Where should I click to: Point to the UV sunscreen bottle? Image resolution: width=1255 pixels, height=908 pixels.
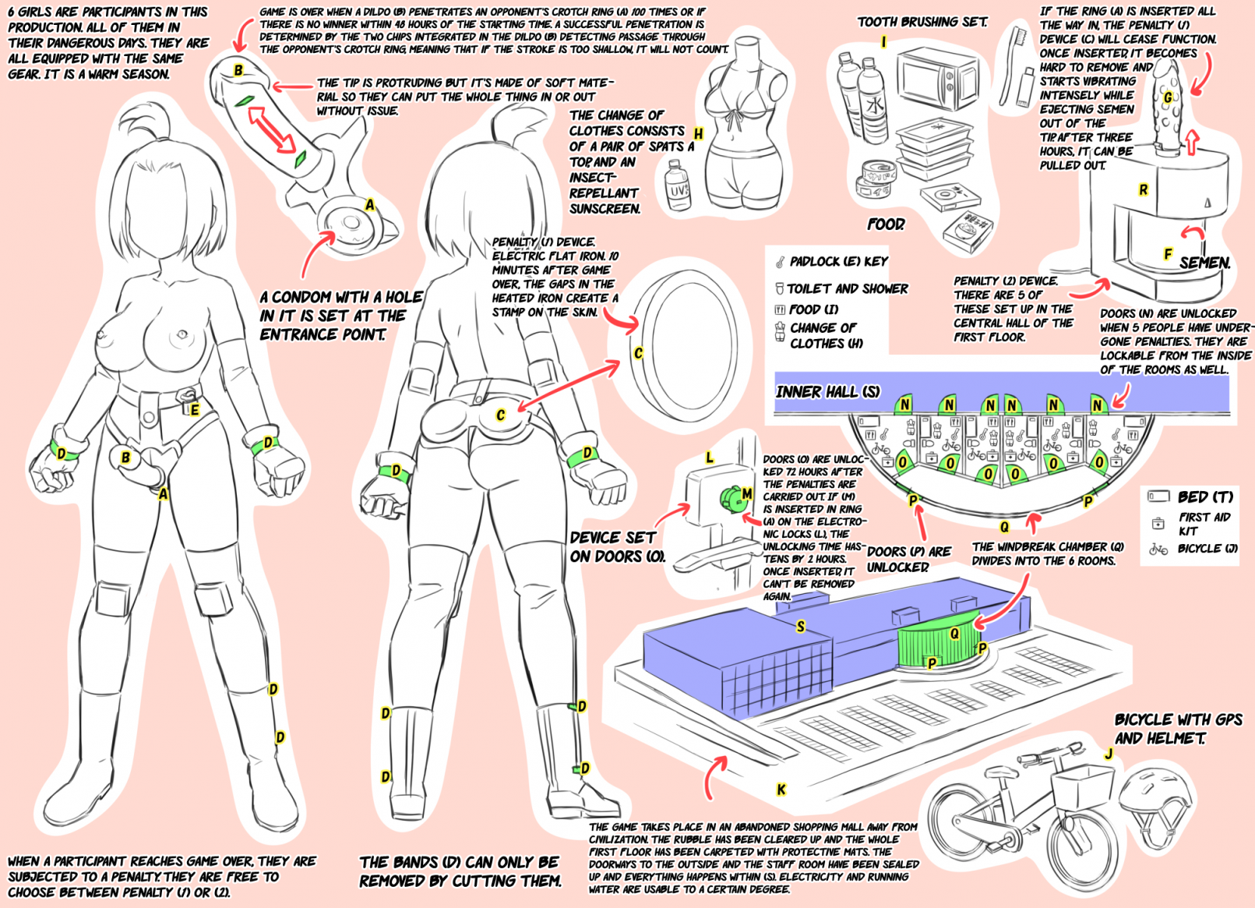(678, 187)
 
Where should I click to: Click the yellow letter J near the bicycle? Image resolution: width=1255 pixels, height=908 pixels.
(1108, 754)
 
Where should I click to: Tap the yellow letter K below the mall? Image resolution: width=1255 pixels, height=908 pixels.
(781, 790)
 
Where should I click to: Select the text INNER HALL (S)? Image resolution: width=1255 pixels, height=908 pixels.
(827, 391)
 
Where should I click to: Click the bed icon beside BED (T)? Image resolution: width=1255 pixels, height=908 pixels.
(1158, 496)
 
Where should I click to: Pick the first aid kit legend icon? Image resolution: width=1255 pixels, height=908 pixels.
(1158, 523)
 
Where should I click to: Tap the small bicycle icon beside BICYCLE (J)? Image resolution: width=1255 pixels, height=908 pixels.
(1158, 549)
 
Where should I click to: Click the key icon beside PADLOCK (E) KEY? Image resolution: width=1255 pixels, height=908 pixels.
(780, 262)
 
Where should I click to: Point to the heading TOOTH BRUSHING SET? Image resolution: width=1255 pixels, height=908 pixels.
(922, 22)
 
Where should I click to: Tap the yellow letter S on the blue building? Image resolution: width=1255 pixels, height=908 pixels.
(800, 627)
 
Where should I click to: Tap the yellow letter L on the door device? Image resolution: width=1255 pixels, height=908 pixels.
(709, 458)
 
